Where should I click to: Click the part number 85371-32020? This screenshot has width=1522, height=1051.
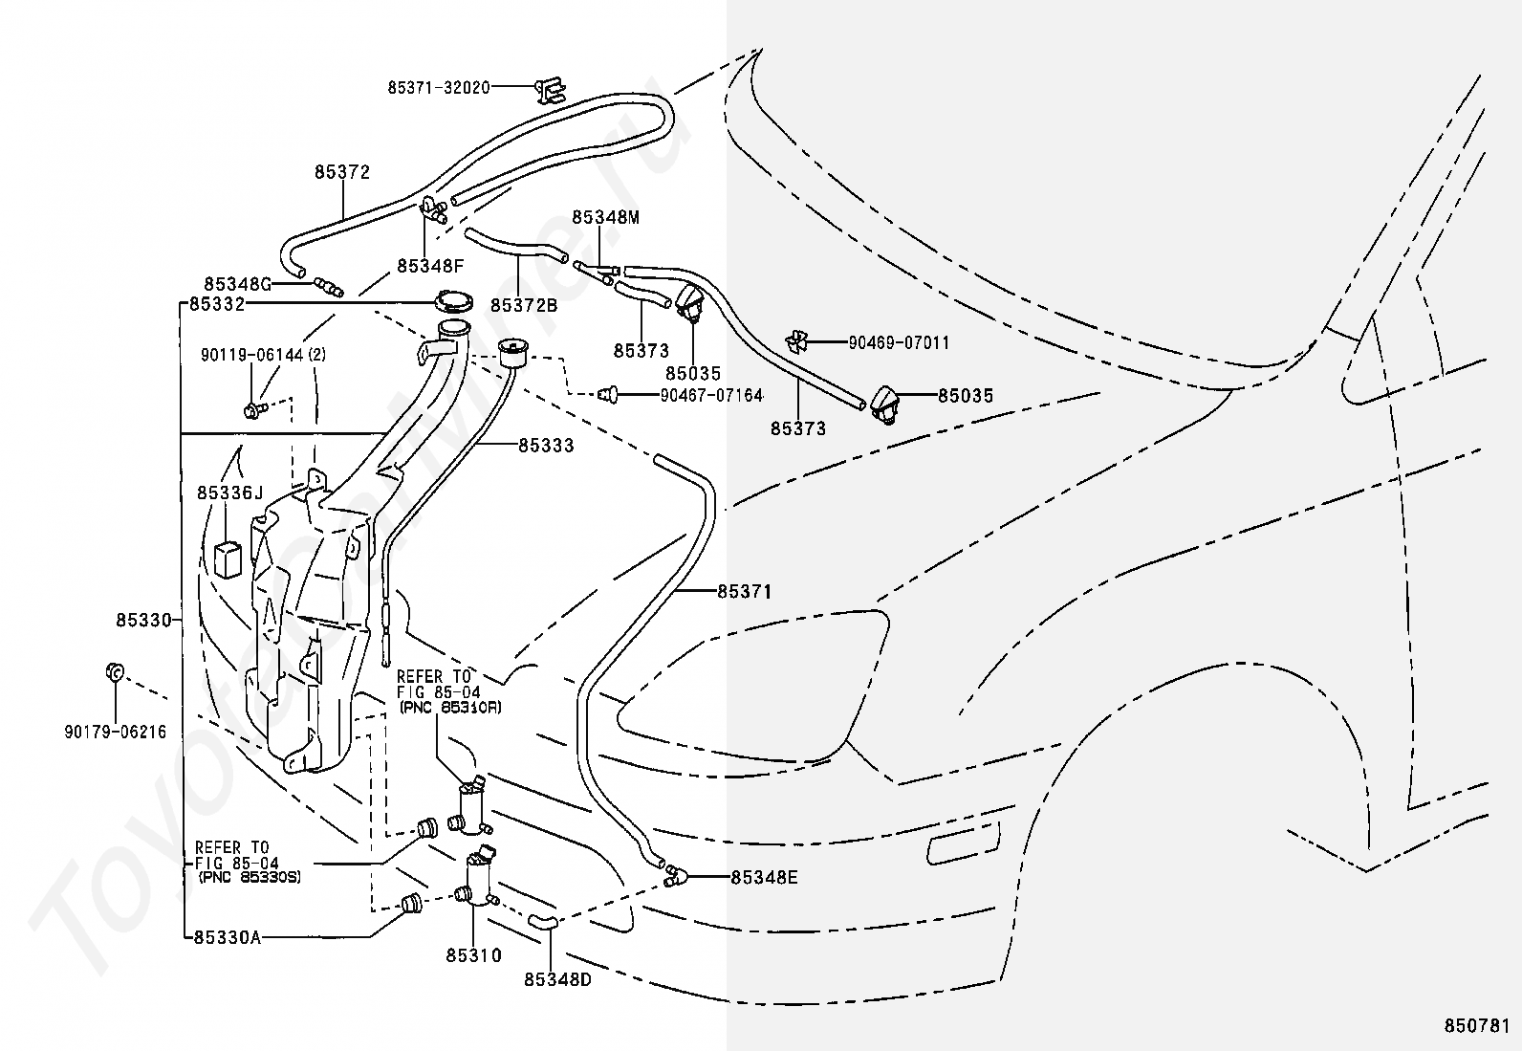(x=439, y=88)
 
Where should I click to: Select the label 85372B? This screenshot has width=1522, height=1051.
(x=524, y=306)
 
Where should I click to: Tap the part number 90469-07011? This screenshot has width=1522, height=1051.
(x=899, y=342)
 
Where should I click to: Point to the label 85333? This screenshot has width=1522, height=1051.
(x=546, y=446)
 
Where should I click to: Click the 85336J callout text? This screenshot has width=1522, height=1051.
(x=229, y=493)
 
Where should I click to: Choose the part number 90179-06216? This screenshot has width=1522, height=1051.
(x=116, y=733)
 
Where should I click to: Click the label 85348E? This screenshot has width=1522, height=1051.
(x=765, y=878)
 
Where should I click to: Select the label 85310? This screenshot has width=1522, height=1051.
(x=473, y=955)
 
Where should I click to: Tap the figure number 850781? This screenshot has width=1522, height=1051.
(x=1476, y=1026)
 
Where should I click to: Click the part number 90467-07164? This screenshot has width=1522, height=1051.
(x=711, y=396)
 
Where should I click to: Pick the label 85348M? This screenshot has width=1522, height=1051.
(x=606, y=217)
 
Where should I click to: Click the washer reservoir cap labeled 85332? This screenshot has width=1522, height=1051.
(x=452, y=302)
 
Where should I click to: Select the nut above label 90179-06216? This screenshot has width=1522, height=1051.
(x=115, y=671)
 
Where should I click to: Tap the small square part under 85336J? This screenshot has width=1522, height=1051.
(x=228, y=559)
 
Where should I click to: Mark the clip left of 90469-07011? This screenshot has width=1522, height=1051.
(x=797, y=342)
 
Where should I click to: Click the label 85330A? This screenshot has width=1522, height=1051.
(x=228, y=938)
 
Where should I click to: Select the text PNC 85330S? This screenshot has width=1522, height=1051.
(x=250, y=877)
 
